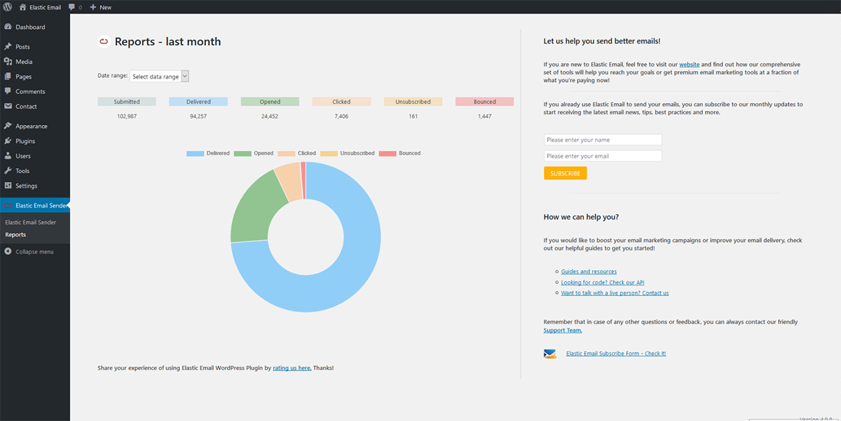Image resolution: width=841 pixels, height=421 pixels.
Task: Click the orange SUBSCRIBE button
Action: point(565,173)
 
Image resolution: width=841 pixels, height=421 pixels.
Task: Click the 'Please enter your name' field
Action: point(603,140)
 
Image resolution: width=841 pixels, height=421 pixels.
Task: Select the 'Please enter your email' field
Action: point(603,156)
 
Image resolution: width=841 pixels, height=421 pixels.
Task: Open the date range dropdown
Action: point(159,76)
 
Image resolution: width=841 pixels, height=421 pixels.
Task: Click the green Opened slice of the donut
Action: point(255,210)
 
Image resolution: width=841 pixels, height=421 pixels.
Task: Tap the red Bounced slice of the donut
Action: point(303,180)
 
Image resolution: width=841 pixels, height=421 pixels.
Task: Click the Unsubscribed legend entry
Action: point(348,154)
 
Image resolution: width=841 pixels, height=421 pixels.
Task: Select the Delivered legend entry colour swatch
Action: point(196,154)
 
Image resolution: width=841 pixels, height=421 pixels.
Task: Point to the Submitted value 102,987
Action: point(127,116)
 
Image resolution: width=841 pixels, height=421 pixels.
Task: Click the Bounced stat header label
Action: point(484,102)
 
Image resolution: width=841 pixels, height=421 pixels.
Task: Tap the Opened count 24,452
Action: point(270,116)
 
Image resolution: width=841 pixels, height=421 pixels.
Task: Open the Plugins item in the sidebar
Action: point(25,141)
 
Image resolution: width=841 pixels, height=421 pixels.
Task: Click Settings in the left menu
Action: point(27,186)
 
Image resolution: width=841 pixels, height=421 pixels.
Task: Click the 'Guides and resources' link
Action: point(589,272)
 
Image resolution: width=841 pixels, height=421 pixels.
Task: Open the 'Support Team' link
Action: point(562,330)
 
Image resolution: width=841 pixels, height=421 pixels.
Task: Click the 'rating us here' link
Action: point(292,368)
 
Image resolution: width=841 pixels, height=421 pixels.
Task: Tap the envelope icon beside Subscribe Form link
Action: point(549,354)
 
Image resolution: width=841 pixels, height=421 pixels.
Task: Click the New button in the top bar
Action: point(101,7)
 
